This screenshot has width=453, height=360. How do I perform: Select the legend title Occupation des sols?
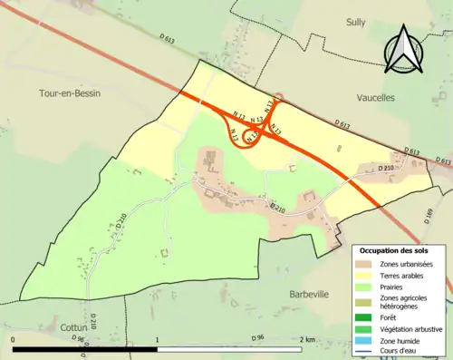pos(397,250)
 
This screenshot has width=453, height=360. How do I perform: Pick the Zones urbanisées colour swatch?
pos(367,264)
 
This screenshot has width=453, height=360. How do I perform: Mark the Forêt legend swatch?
pos(367,317)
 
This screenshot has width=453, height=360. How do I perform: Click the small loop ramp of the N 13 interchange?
pos(252,135)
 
